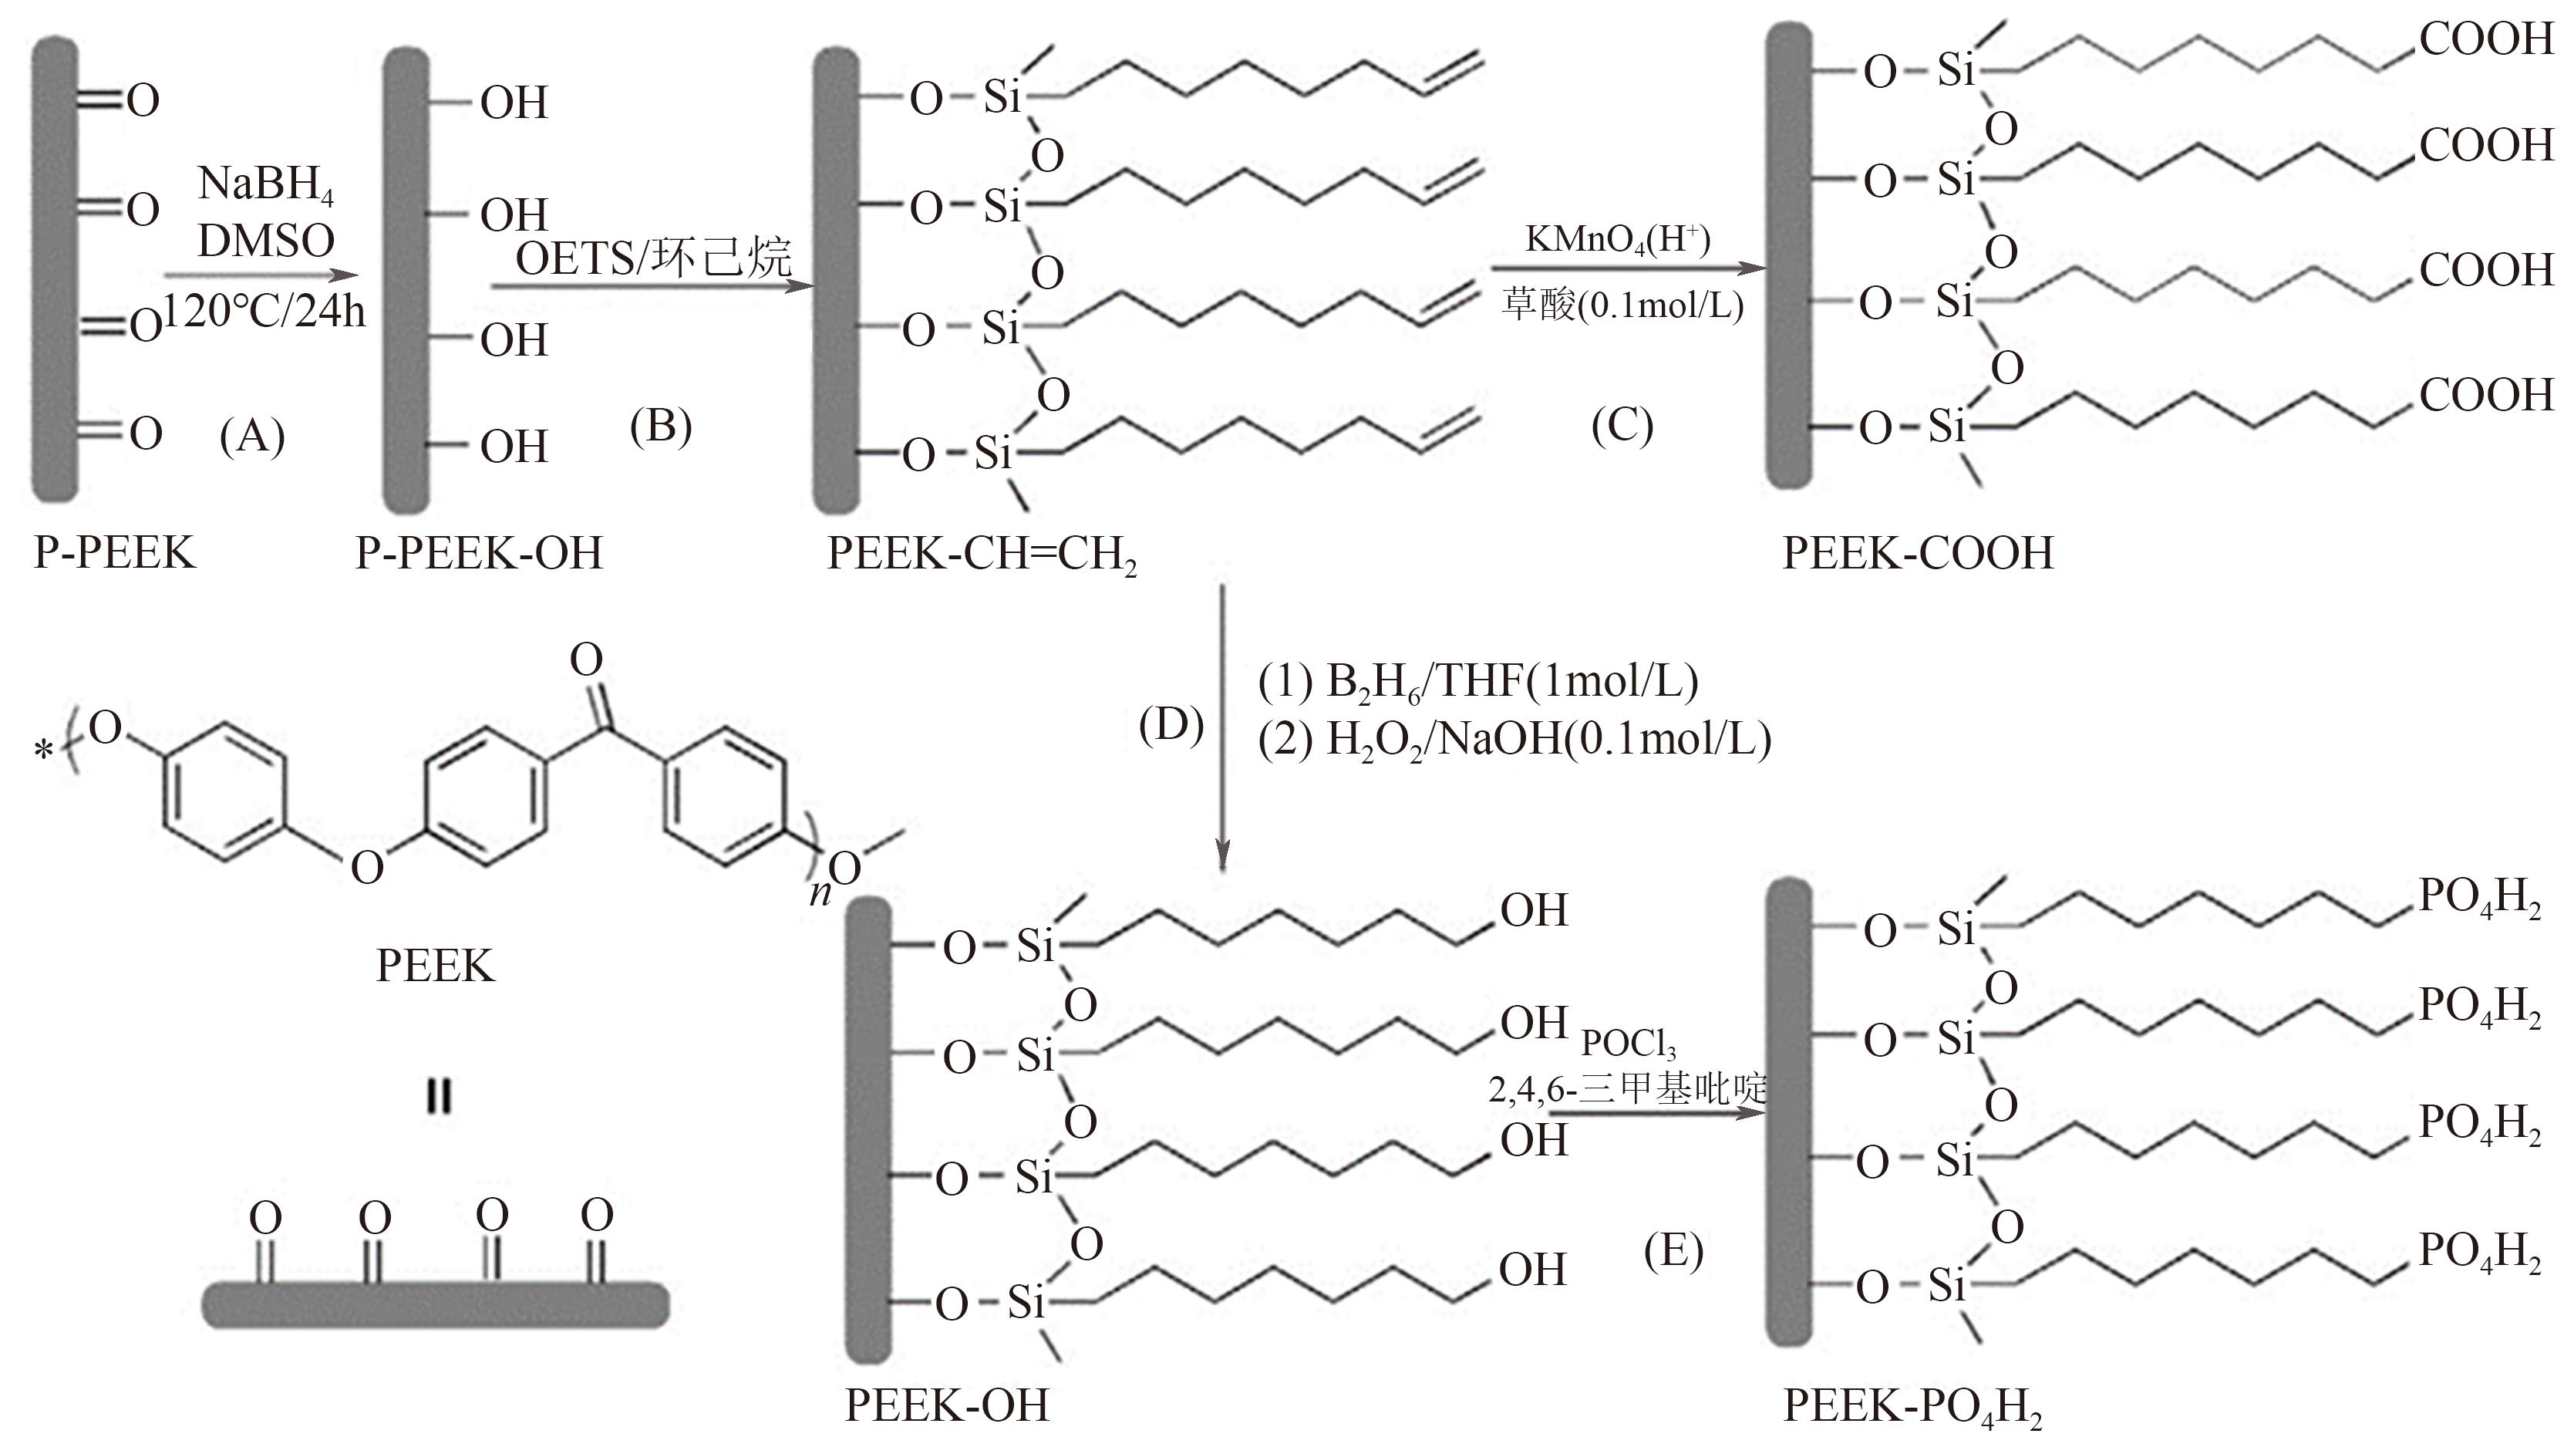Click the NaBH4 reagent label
coord(266,186)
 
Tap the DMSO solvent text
coord(266,241)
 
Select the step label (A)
coord(252,437)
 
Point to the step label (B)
coord(661,426)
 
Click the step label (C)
coord(1622,425)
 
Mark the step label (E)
coord(1673,1250)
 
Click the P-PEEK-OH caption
coord(480,552)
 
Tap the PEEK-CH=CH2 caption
coord(982,555)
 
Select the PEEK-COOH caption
coord(1918,552)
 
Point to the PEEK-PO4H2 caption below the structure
coord(1912,1408)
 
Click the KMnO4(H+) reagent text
coord(1618,241)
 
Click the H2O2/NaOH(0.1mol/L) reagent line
coord(1514,740)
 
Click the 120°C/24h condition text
coord(264,311)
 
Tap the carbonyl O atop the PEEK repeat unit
coord(587,659)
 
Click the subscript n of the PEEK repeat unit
coord(820,892)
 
